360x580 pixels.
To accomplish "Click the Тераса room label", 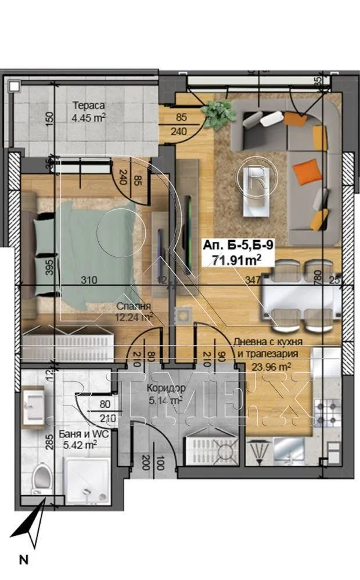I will tap(88, 106).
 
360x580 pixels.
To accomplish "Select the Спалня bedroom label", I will tap(134, 306).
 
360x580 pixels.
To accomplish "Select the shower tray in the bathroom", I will tap(87, 478).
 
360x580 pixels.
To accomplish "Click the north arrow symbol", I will tap(30, 525).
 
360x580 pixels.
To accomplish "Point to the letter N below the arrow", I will tap(24, 560).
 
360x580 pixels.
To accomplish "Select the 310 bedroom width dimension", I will tap(88, 281).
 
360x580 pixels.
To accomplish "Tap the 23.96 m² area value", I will tap(271, 367).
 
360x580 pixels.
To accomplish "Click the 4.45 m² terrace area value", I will tap(88, 118).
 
